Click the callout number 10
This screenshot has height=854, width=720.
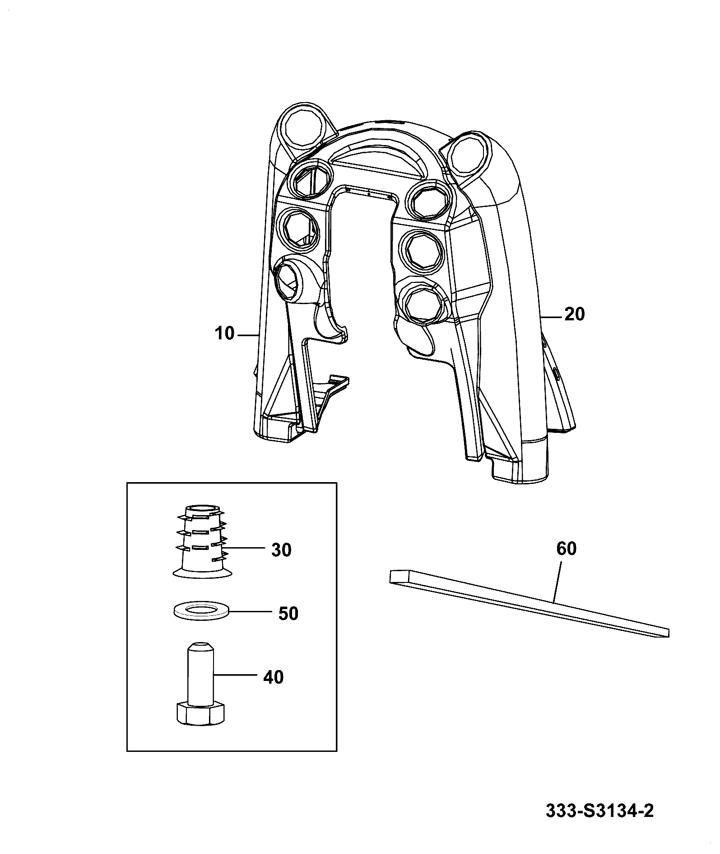tap(224, 334)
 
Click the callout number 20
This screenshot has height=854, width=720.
tap(574, 314)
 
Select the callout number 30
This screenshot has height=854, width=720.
tap(281, 550)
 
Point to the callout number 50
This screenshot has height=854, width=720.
tap(288, 614)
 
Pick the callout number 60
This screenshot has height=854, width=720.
tap(567, 549)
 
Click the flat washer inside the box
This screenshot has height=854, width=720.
tap(201, 611)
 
